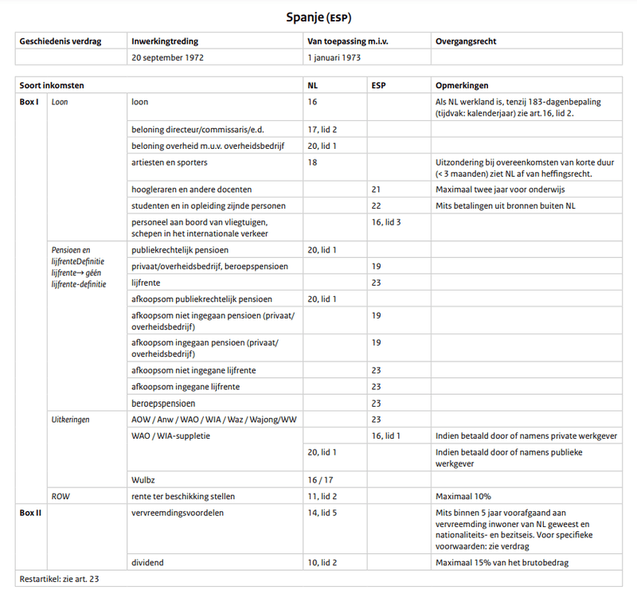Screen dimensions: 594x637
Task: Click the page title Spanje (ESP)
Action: (318, 16)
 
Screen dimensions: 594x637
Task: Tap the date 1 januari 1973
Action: (339, 57)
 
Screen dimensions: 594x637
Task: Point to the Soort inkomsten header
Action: (52, 85)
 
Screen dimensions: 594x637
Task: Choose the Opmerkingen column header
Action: (462, 85)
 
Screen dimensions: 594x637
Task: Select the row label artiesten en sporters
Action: (170, 162)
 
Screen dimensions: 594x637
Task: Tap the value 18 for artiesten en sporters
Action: (312, 162)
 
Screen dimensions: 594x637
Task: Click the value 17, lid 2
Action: (322, 129)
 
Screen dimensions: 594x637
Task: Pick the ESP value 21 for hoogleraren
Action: (377, 190)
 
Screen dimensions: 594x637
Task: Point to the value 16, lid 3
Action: (386, 221)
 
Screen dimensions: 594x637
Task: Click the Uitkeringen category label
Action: (70, 419)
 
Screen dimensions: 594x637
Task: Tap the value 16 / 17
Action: (321, 479)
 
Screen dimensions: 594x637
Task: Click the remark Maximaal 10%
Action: (464, 496)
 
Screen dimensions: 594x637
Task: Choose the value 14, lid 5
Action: (322, 513)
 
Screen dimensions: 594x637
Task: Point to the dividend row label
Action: (148, 563)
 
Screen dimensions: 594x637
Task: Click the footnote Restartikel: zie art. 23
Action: (61, 580)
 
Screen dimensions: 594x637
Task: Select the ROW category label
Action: (61, 496)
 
